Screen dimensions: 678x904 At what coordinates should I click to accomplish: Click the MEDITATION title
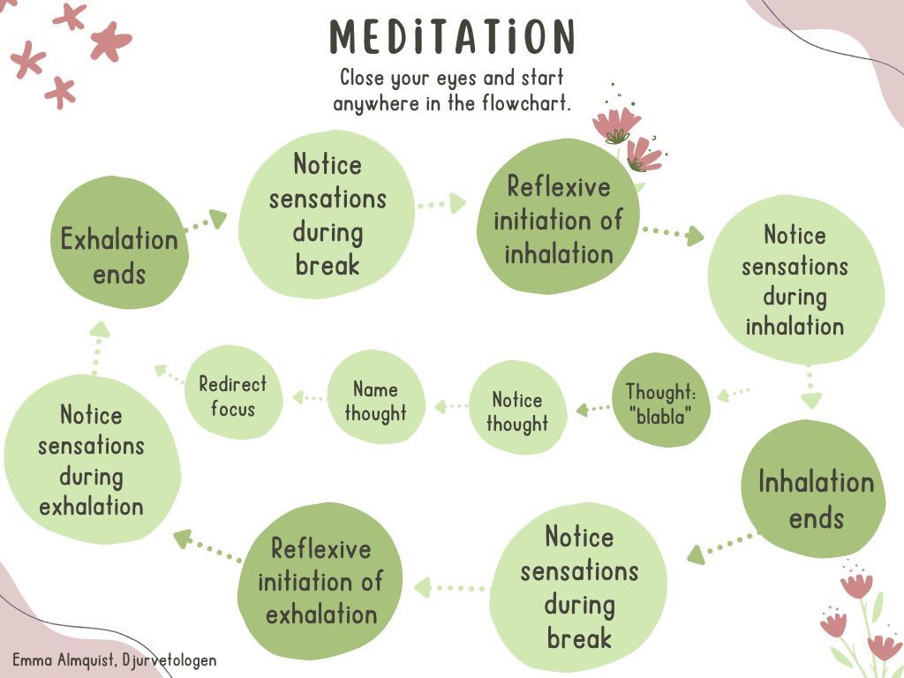452,37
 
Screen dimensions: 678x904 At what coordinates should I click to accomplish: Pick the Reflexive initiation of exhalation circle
320,580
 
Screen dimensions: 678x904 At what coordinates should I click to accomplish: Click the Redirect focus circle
232,396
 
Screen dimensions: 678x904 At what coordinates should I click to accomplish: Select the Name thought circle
375,401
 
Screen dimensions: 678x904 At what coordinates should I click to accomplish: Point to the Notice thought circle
516,411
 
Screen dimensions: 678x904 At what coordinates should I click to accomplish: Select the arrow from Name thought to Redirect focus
308,398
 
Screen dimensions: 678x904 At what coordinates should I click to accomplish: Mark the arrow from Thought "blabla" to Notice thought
593,409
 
